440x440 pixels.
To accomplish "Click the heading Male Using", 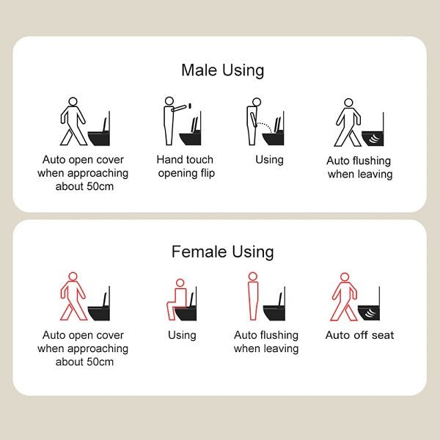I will tap(222, 70).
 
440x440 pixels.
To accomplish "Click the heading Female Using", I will tap(222, 252).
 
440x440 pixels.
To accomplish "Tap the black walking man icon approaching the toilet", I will tap(73, 121).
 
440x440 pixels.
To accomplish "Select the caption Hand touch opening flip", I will tap(185, 166).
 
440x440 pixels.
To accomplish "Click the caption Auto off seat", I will tap(359, 335).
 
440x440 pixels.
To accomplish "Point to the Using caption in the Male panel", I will tap(269, 160).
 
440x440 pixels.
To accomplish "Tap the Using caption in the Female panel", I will tap(182, 335).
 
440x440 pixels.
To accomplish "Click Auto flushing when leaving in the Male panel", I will tap(359, 167).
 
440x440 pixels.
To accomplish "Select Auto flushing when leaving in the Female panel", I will tap(266, 342).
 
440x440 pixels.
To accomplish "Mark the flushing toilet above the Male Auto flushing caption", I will tap(373, 135).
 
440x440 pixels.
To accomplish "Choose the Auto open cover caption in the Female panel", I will tap(82, 348).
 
